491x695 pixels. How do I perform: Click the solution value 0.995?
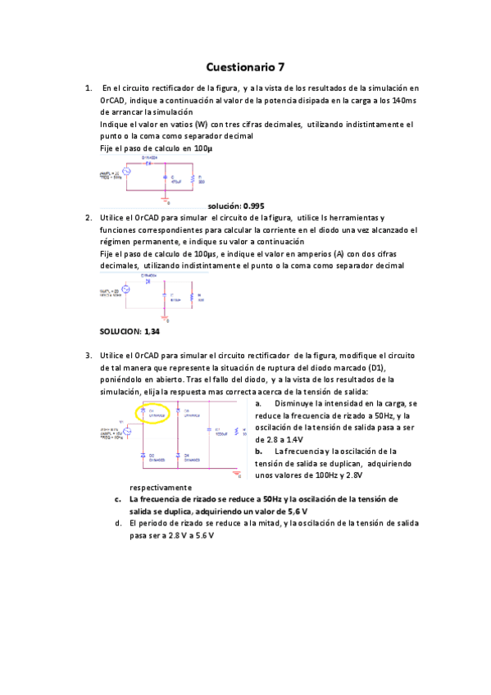click(252, 206)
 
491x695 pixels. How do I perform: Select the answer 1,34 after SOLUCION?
click(152, 332)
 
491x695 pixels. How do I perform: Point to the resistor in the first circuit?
click(192, 179)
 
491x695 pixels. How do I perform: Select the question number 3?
click(88, 356)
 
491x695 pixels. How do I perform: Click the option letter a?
click(258, 404)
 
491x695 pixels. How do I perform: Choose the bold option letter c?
click(119, 498)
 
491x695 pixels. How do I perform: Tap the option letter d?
click(119, 523)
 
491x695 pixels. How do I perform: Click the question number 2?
click(88, 217)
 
